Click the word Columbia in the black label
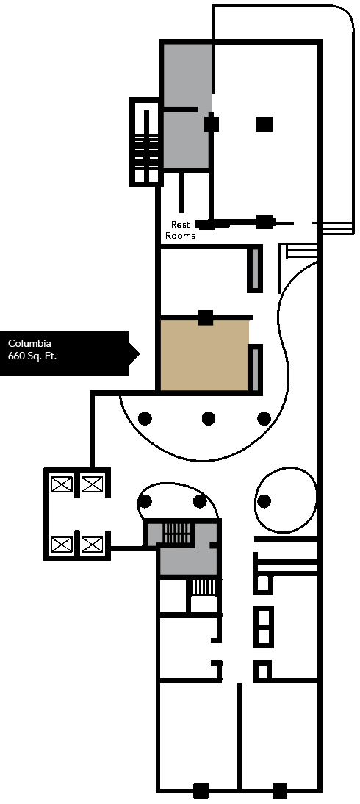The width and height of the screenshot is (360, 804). coord(29,343)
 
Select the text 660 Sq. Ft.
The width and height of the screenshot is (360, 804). coord(32,356)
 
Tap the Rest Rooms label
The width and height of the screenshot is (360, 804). coord(181,230)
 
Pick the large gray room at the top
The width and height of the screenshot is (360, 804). coord(187,106)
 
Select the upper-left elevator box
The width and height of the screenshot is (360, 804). coord(62,484)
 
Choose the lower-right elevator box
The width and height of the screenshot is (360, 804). coord(93,544)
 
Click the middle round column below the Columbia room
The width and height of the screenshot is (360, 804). coord(208,418)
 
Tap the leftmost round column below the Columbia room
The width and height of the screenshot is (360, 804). coord(145,418)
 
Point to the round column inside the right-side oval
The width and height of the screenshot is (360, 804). coord(264,501)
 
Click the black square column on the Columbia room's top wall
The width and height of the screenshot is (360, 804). coord(206,317)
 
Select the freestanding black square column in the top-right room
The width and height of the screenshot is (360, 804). coord(264,124)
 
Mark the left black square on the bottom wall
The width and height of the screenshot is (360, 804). coord(201,790)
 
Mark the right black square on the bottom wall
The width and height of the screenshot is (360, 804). coord(279,790)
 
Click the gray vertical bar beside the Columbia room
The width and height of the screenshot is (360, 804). coord(255,368)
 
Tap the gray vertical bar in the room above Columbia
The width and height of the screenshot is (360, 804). coord(255,269)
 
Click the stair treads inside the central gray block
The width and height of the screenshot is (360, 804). coord(178,534)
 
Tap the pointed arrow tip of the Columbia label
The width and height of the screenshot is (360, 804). coord(140,353)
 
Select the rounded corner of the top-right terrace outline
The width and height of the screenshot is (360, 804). coord(342,16)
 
